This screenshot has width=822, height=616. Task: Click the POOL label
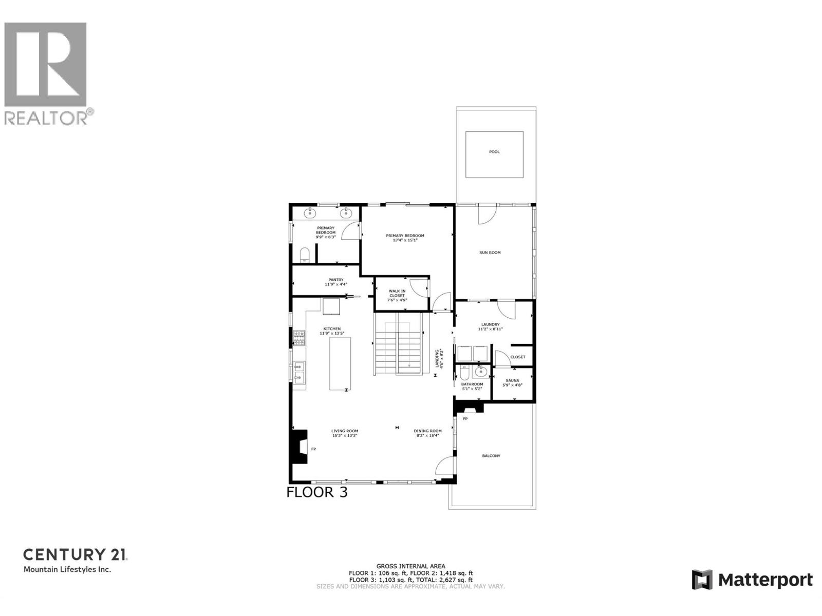click(494, 152)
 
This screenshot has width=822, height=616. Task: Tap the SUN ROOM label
click(490, 253)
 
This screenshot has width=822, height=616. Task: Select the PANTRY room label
click(336, 280)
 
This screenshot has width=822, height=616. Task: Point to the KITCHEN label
click(332, 329)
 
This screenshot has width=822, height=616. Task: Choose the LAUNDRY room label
click(490, 324)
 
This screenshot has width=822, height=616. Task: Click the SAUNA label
click(512, 381)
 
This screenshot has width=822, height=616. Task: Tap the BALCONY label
click(491, 456)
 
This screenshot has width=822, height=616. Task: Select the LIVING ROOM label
click(345, 431)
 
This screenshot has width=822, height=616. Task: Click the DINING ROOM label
click(428, 431)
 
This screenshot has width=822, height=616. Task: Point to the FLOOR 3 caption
click(317, 492)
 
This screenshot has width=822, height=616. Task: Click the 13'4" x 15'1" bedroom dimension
click(405, 240)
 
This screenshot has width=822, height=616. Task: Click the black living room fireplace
click(298, 448)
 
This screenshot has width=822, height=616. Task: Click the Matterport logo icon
click(702, 580)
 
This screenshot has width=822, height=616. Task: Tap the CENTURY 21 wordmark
click(75, 555)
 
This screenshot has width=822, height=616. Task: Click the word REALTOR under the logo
click(46, 118)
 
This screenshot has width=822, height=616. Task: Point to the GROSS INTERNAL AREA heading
click(410, 567)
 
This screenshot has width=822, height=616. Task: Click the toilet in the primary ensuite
click(304, 255)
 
